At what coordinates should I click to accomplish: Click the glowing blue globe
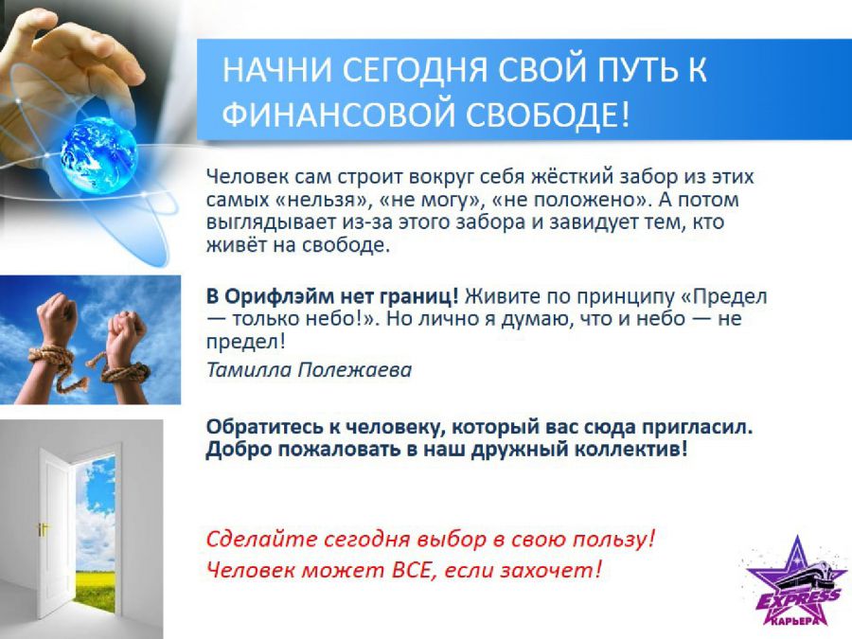pyautogui.click(x=98, y=156)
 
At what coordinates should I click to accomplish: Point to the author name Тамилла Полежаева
pyautogui.click(x=310, y=370)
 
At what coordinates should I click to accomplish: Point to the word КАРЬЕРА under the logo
pyautogui.click(x=794, y=620)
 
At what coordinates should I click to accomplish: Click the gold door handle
pyautogui.click(x=42, y=528)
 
